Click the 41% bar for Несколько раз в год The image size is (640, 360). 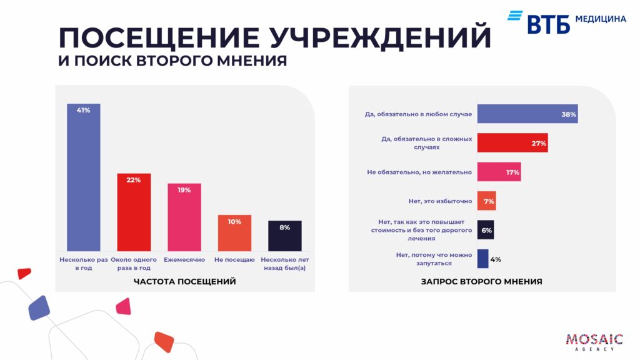[x=84, y=177]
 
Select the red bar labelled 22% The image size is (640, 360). [x=134, y=212]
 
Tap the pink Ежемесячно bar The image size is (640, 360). [x=184, y=217]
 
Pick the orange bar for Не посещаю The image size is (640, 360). [x=234, y=233]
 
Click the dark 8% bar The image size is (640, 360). [x=284, y=236]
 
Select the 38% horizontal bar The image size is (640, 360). [x=527, y=114]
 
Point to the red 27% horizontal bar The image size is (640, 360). [x=512, y=143]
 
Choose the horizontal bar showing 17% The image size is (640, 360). [x=498, y=172]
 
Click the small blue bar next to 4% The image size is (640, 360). [x=482, y=259]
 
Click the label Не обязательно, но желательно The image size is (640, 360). [x=419, y=172]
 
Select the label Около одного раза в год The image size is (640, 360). [x=134, y=264]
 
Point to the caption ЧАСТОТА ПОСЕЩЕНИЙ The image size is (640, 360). [x=185, y=282]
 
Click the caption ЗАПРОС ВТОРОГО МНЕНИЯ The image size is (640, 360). [x=481, y=282]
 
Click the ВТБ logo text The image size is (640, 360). [x=548, y=23]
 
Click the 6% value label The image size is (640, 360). [x=486, y=230]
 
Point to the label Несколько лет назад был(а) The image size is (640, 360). [x=285, y=264]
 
